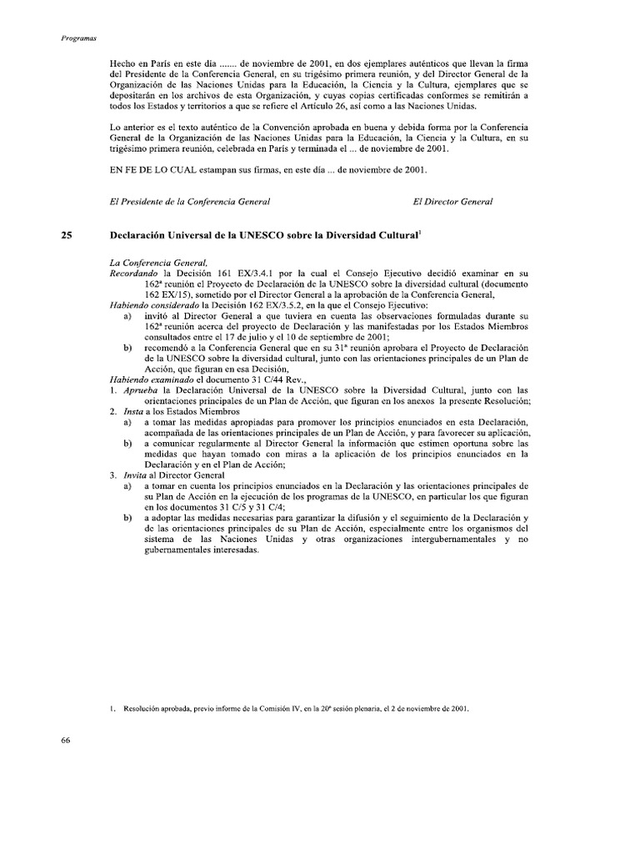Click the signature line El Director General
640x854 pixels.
(452, 202)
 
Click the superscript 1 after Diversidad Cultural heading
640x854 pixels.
(419, 234)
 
